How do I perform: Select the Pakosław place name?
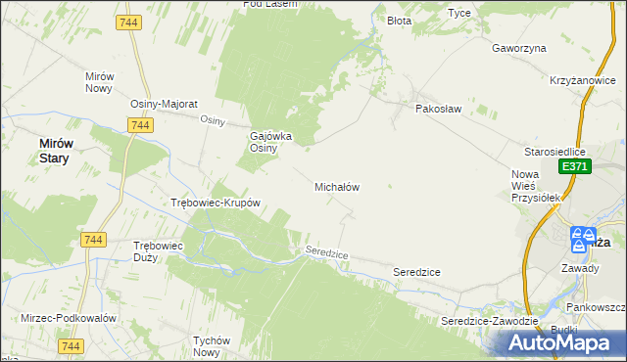pyautogui.click(x=438, y=109)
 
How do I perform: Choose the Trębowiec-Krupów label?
pyautogui.click(x=215, y=204)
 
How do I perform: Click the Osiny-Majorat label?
pyautogui.click(x=165, y=104)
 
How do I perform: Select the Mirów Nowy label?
pyautogui.click(x=100, y=82)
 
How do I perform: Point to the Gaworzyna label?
pyautogui.click(x=519, y=48)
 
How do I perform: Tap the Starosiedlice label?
pyautogui.click(x=555, y=153)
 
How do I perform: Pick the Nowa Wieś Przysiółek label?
pyautogui.click(x=535, y=186)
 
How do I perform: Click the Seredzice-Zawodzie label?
pyautogui.click(x=489, y=321)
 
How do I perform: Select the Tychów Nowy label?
pyautogui.click(x=211, y=346)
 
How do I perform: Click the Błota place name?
pyautogui.click(x=399, y=20)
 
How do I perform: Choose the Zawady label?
pyautogui.click(x=580, y=266)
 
